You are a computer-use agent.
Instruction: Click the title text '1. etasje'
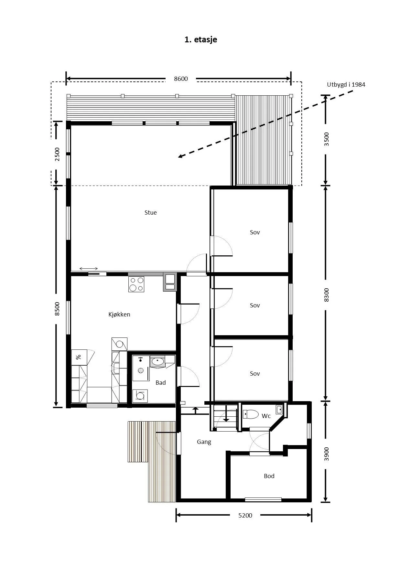[x=200, y=39]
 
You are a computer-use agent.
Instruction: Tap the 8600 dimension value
[x=181, y=79]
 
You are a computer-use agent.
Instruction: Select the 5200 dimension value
[x=245, y=515]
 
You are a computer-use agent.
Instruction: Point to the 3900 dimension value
[x=326, y=454]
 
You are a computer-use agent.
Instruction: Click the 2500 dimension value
[x=57, y=154]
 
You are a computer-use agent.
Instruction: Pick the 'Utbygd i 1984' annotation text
[x=346, y=85]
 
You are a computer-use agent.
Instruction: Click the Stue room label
[x=151, y=212]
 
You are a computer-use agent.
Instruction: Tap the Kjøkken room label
[x=119, y=314]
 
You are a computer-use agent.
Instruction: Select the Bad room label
[x=161, y=383]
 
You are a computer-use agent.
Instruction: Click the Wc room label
[x=266, y=416]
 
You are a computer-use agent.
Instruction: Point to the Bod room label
[x=269, y=476]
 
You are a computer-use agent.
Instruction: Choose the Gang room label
[x=204, y=442]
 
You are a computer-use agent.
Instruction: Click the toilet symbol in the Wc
[x=251, y=414]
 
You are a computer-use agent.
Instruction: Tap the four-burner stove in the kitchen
[x=136, y=284]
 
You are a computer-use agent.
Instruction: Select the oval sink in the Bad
[x=158, y=361]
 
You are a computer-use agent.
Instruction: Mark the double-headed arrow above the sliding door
[x=89, y=269]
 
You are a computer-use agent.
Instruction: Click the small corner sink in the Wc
[x=279, y=410]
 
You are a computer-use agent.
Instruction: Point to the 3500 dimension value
[x=326, y=139]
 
